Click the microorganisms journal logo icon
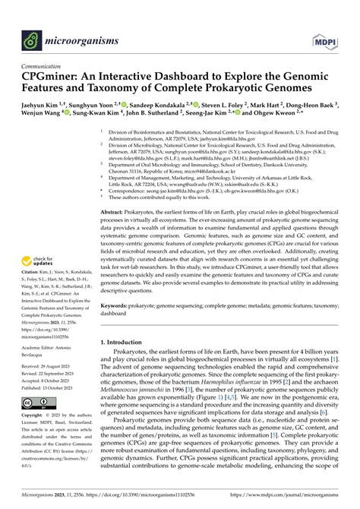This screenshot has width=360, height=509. click(32, 36)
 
